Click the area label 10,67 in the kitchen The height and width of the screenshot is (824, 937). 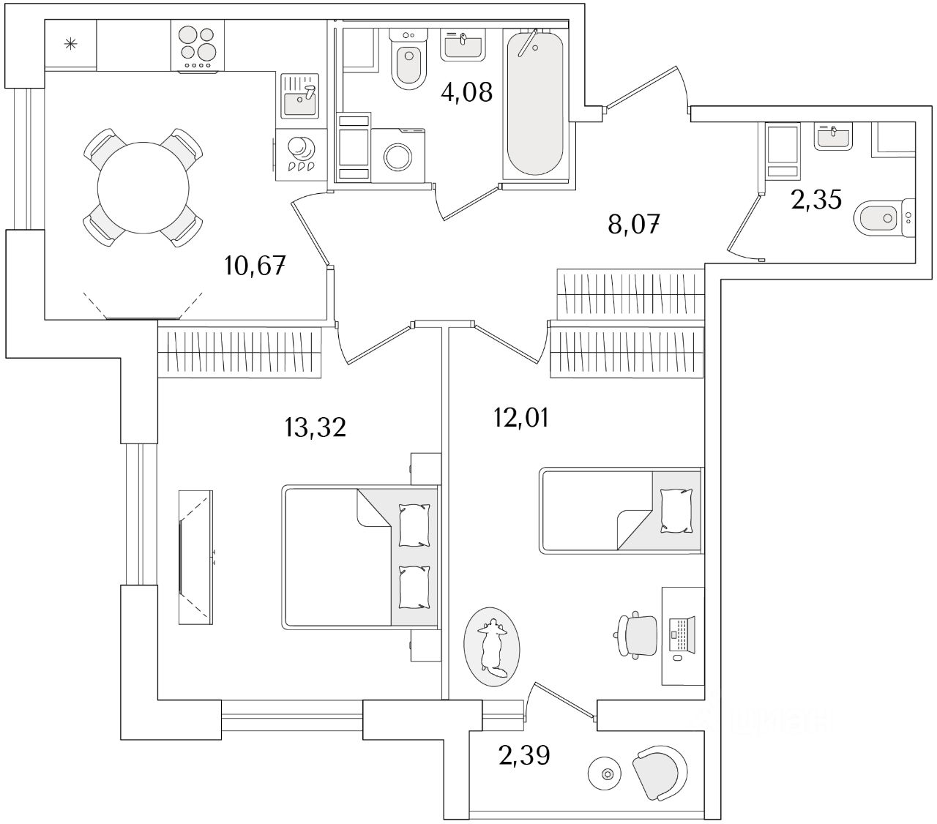255,265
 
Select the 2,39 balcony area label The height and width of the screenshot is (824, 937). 524,754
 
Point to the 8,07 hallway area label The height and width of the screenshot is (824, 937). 634,224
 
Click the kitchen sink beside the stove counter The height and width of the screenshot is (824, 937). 299,98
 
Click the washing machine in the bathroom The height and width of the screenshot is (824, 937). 397,154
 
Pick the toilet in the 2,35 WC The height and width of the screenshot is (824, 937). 884,217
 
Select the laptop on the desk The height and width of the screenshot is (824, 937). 682,634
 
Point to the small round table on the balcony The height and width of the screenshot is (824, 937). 605,773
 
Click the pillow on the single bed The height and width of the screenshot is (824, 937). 675,510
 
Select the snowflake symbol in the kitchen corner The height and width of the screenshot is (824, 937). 71,45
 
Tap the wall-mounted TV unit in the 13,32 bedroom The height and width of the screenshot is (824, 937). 197,556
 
